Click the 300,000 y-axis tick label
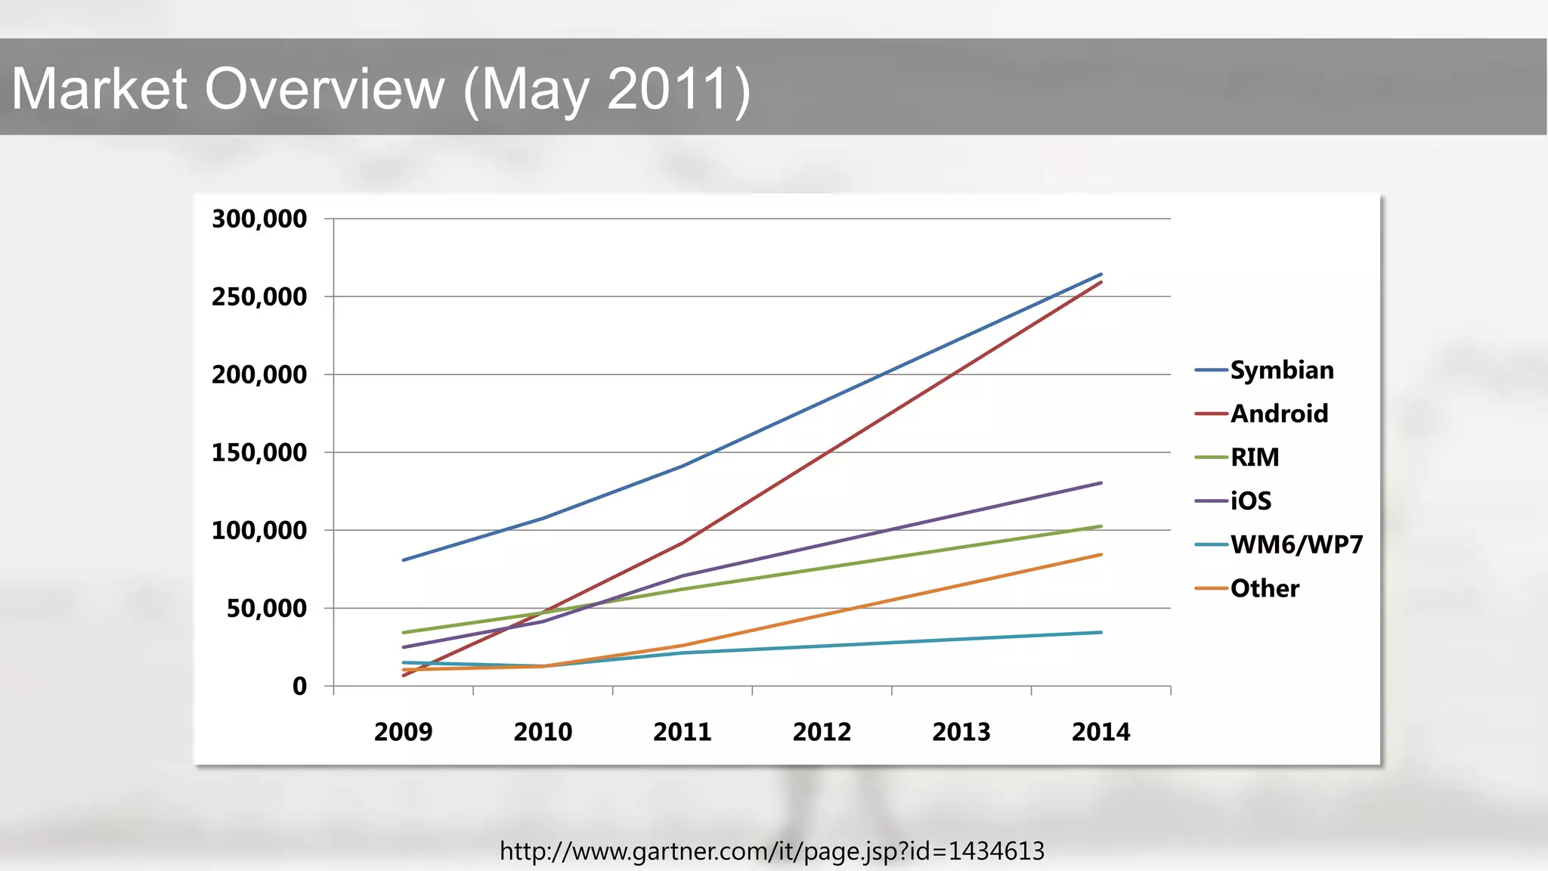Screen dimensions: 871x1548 click(259, 219)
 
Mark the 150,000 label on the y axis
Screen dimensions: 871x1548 click(259, 453)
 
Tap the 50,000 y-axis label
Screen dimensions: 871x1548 click(267, 609)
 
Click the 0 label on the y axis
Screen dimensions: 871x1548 click(300, 687)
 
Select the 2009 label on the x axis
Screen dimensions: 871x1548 click(404, 732)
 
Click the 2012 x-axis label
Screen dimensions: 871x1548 click(822, 732)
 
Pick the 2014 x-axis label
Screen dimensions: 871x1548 click(1101, 732)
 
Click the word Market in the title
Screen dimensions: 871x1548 click(99, 89)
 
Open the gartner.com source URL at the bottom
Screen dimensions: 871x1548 click(772, 851)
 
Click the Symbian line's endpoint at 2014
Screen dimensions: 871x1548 click(1101, 274)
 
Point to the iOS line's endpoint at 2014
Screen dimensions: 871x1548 click(1101, 482)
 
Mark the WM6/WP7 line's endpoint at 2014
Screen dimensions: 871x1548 click(1101, 632)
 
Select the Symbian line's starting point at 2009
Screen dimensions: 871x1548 click(404, 560)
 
